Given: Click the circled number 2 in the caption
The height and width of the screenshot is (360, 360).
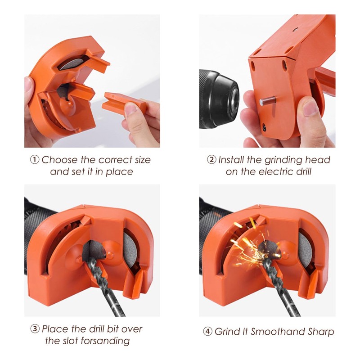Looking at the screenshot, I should (x=211, y=160).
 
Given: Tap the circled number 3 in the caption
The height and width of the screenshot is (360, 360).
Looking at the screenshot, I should (x=35, y=329).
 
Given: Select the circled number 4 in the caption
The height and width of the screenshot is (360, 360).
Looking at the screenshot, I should (x=207, y=332).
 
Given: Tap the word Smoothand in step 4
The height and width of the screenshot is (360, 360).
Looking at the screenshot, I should (x=274, y=332).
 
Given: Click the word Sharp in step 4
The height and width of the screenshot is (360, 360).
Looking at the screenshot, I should (x=319, y=332).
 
